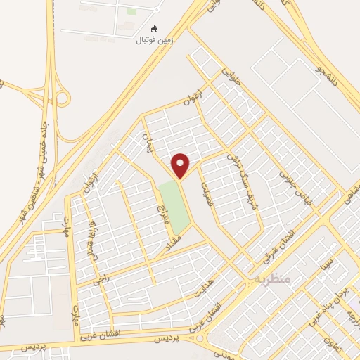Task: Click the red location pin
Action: [x=181, y=166]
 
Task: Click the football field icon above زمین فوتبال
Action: [x=155, y=30]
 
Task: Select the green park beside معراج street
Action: [x=174, y=207]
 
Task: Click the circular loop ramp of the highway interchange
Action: [x=62, y=98]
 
